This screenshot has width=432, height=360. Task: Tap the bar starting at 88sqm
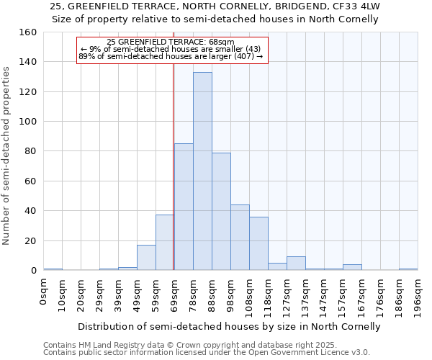(x=221, y=212)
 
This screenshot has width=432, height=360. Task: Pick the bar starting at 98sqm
(x=240, y=238)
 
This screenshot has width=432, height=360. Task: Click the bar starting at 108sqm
(x=258, y=243)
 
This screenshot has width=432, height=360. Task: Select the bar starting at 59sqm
(x=165, y=243)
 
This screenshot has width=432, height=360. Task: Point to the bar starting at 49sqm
(x=146, y=258)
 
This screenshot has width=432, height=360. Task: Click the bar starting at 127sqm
(x=296, y=264)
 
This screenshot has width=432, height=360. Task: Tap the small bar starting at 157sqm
(x=352, y=267)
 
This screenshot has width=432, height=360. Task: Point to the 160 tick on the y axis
(x=28, y=32)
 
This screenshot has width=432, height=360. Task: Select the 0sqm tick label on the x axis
(x=44, y=294)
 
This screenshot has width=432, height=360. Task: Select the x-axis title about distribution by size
(x=229, y=326)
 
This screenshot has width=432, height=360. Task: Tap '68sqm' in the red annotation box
(x=221, y=42)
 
